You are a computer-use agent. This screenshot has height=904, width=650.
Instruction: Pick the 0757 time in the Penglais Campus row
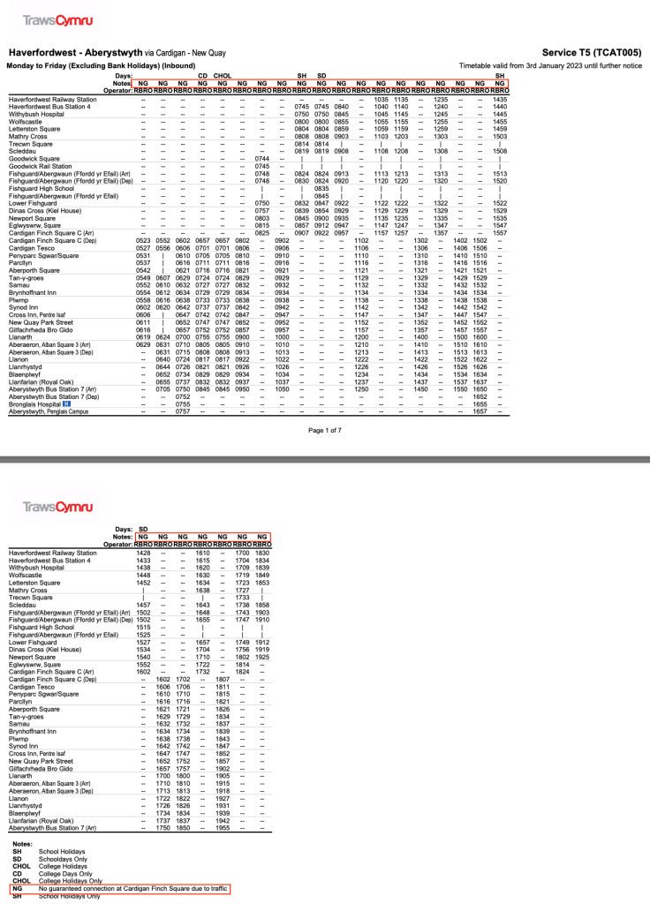click(x=183, y=411)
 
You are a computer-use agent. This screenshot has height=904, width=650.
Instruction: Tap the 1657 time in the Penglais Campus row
click(x=480, y=411)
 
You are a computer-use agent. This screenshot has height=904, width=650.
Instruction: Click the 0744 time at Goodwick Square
click(x=261, y=158)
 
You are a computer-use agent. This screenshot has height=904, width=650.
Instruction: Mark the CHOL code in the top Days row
click(x=223, y=76)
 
